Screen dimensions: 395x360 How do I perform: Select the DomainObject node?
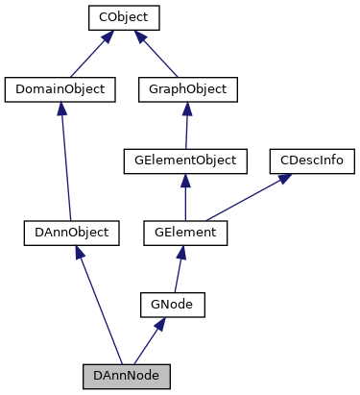(x=60, y=89)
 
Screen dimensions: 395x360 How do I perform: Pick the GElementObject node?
(x=185, y=160)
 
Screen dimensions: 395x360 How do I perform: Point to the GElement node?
(x=185, y=232)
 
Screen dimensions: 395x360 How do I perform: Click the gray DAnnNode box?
(x=126, y=374)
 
